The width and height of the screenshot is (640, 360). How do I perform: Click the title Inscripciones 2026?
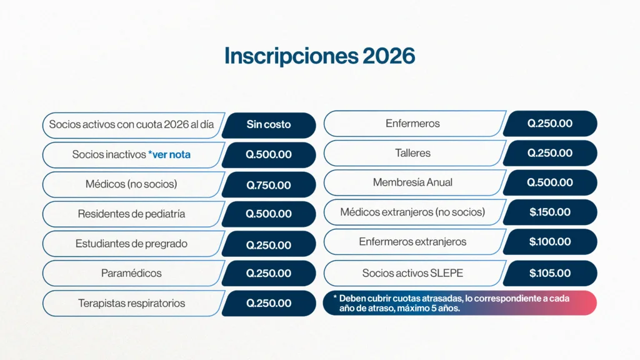(x=319, y=56)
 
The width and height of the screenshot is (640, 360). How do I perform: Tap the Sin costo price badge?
(x=269, y=125)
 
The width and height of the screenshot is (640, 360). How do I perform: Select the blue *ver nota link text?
(x=169, y=155)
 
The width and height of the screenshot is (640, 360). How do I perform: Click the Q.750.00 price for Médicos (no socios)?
(x=269, y=185)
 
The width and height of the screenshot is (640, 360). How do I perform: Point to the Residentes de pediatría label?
(x=131, y=214)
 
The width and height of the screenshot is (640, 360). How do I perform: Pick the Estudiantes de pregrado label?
(x=131, y=244)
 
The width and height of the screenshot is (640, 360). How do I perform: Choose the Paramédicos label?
(x=131, y=273)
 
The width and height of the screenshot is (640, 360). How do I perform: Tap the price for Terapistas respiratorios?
(x=269, y=303)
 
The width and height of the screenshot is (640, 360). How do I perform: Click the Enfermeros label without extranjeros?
(x=412, y=123)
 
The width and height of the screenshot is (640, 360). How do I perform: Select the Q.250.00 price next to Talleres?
(x=550, y=153)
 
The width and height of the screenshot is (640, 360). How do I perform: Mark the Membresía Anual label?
(x=412, y=182)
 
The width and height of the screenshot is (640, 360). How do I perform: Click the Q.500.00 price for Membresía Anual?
(x=550, y=182)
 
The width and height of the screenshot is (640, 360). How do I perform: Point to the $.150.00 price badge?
(x=550, y=212)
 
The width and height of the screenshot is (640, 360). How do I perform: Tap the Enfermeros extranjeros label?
(x=412, y=242)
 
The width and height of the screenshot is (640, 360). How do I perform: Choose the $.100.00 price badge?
(x=550, y=242)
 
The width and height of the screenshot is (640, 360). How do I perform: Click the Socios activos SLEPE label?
(x=412, y=273)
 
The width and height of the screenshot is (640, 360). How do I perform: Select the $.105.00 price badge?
(x=550, y=273)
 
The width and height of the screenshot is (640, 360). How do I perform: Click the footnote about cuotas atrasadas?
(x=451, y=303)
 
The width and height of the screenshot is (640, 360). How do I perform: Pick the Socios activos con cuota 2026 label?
(x=131, y=124)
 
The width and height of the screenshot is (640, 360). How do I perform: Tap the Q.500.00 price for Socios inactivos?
(x=269, y=155)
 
